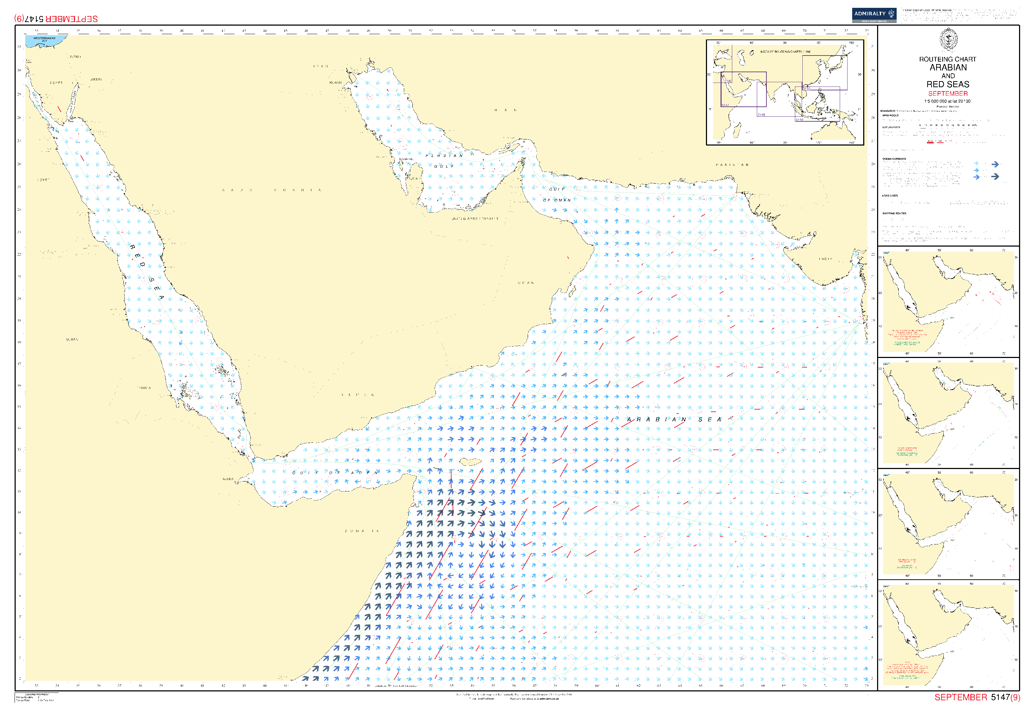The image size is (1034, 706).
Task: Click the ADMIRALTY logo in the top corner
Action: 874,15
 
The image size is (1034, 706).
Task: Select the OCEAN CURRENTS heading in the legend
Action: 894,159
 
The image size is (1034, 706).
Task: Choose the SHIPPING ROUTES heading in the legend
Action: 894,214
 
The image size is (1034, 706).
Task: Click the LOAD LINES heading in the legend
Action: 890,196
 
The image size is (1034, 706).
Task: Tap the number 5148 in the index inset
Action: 761,115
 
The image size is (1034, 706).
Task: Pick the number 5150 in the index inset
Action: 806,89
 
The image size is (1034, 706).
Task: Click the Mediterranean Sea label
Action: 44,39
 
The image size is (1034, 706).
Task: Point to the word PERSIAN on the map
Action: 444,156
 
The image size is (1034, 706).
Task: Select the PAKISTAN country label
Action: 732,165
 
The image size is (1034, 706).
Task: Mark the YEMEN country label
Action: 358,395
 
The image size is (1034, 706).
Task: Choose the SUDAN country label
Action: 72,339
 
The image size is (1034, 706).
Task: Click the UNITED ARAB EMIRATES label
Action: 475,219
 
